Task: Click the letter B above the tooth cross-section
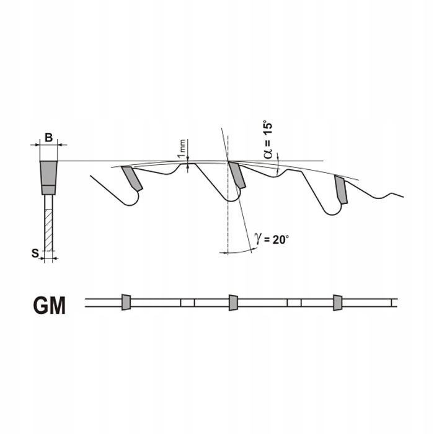point(48,137)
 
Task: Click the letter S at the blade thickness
point(35,253)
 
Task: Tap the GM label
point(49,305)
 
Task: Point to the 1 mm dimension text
point(182,149)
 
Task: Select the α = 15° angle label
point(268,139)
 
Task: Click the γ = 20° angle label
point(272,239)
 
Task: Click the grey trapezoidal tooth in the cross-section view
point(49,178)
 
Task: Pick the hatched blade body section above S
point(48,230)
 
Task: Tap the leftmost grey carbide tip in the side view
point(132,179)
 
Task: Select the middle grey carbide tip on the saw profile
point(237,175)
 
